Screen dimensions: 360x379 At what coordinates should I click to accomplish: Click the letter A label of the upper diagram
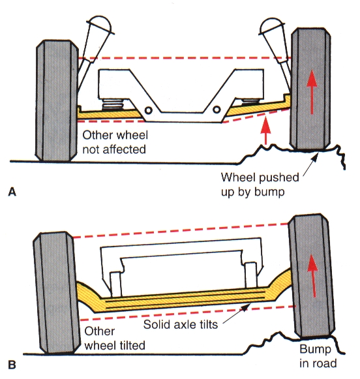(x=12, y=192)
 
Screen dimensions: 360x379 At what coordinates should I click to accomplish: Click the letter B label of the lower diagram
(x=12, y=365)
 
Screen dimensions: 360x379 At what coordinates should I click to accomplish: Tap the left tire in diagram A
(x=57, y=101)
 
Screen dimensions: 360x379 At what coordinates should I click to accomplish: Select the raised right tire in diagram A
(x=310, y=89)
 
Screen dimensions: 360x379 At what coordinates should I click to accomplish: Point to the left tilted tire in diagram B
(x=57, y=293)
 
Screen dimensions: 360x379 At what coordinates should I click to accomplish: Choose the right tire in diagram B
(x=312, y=275)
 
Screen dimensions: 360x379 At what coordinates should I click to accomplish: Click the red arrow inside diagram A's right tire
(x=312, y=92)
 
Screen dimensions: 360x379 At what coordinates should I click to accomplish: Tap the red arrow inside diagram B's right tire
(x=313, y=276)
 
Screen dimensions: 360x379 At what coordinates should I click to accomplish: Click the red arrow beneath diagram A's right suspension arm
(x=266, y=130)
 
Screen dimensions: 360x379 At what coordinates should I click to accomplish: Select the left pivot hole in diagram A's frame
(x=148, y=111)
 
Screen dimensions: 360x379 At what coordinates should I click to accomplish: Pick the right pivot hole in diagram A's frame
(x=217, y=110)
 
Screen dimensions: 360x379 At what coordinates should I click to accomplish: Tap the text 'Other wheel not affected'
(x=115, y=142)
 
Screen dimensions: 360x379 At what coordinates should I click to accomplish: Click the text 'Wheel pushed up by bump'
(x=260, y=185)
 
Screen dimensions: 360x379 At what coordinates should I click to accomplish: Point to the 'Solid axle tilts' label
(x=181, y=324)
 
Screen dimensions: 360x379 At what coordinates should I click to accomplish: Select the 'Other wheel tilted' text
(x=115, y=338)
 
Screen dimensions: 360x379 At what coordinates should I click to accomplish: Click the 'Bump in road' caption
(x=318, y=356)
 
